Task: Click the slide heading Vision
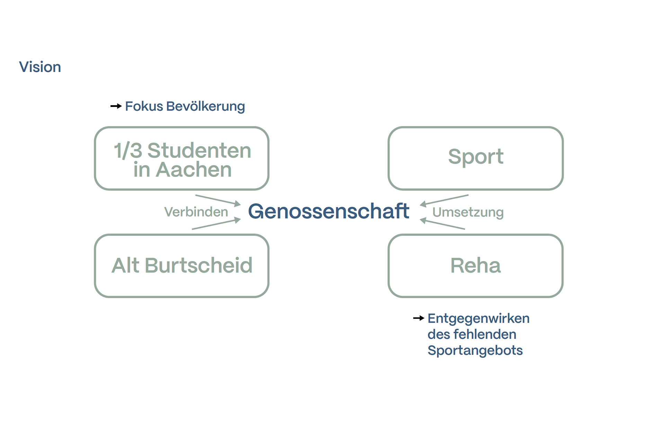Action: pos(40,67)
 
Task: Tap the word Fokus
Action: pos(144,106)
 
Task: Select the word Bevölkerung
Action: pos(205,107)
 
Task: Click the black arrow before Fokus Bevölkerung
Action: pos(116,106)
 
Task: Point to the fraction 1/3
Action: pos(127,151)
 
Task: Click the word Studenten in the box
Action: pos(199,151)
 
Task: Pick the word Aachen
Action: pos(194,170)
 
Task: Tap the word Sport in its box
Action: pos(476,156)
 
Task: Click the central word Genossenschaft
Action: pos(328,211)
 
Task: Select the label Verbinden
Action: pos(196,212)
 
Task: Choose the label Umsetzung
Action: pos(468,212)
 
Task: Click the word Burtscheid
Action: pos(198,266)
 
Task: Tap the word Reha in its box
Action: pos(476,266)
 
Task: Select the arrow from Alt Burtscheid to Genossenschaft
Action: pos(216,224)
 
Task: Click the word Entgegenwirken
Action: pos(478,319)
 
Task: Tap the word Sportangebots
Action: pos(475,350)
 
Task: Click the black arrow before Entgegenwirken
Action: pos(419,318)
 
